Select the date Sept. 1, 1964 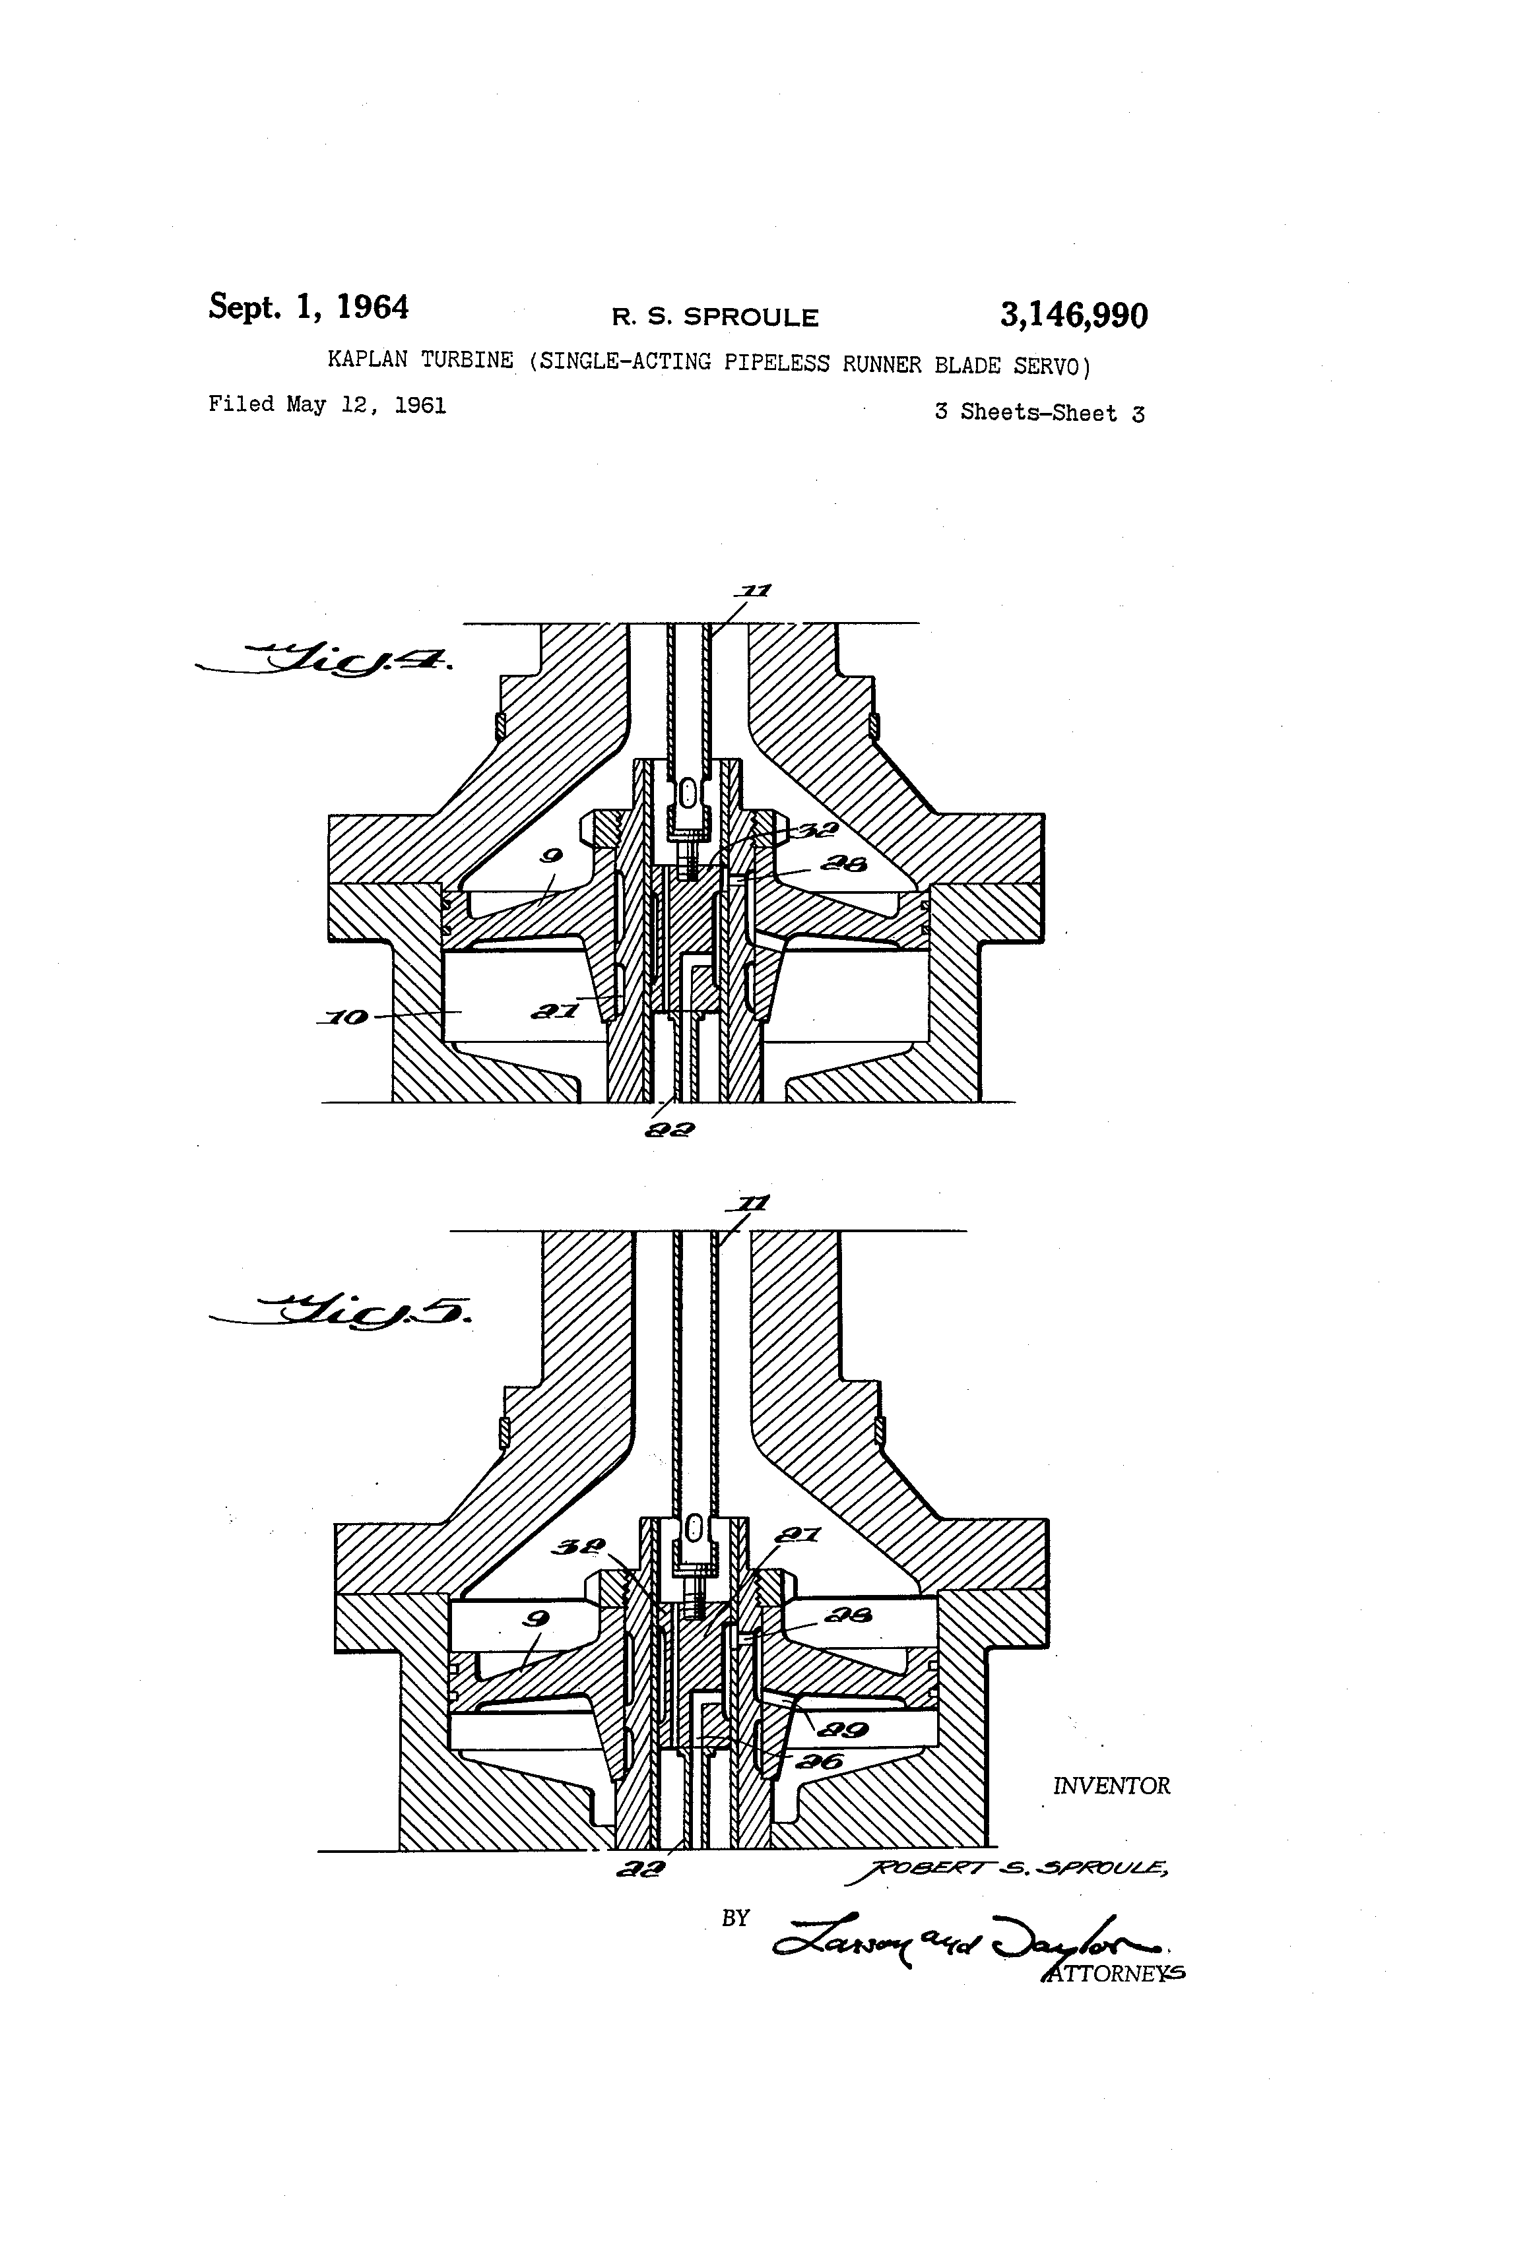[x=309, y=307]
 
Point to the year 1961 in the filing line [x=420, y=405]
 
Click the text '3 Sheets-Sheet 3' [x=1039, y=413]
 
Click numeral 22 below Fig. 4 [x=672, y=1128]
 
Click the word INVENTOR [x=1111, y=1786]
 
